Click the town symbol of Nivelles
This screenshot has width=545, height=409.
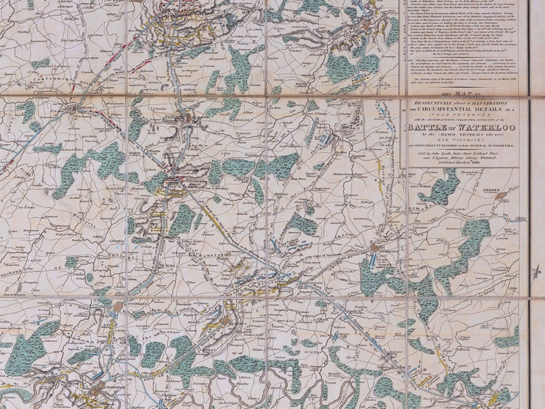[72, 108]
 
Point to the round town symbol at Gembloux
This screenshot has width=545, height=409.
[375, 247]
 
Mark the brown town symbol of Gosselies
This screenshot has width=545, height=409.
[118, 306]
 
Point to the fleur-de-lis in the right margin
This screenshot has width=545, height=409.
[537, 271]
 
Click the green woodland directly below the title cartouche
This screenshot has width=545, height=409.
[439, 187]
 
